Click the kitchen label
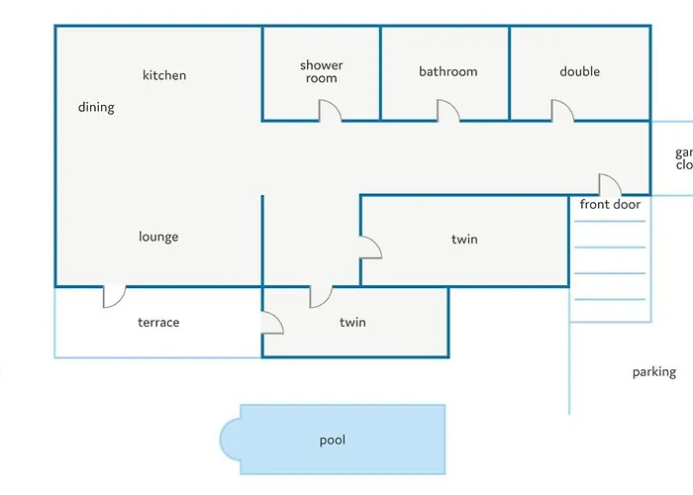tap(164, 75)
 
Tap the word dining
tap(96, 107)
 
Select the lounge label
tap(158, 237)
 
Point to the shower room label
tap(322, 72)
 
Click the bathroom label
tap(447, 71)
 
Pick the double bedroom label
tap(579, 71)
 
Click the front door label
tap(610, 205)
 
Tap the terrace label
tap(158, 322)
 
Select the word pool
tap(333, 440)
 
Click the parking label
tap(653, 372)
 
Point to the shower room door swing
tap(330, 111)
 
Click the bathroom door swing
tap(448, 111)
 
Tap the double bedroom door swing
tap(562, 111)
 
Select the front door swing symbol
tap(610, 185)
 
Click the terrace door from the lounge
tap(115, 296)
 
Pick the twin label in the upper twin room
tap(464, 239)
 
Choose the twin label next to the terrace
tap(352, 322)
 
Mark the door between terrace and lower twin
tap(272, 323)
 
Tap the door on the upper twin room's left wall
tap(370, 247)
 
